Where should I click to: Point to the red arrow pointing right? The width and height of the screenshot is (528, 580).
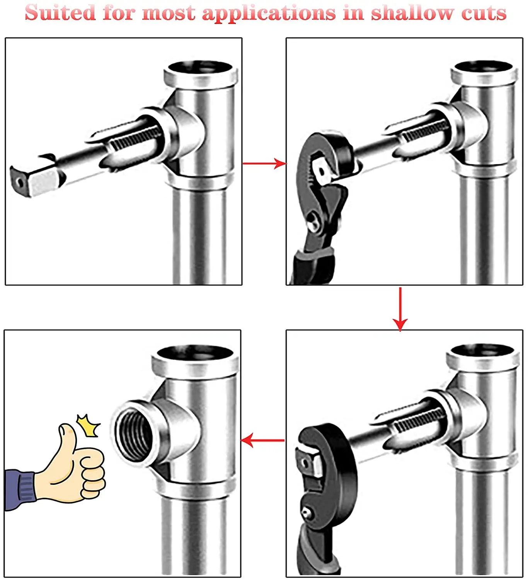(x=264, y=163)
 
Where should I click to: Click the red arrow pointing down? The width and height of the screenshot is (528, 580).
(x=400, y=309)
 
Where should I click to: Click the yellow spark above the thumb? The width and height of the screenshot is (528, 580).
(x=88, y=425)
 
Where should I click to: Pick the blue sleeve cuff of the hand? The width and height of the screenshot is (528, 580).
(x=19, y=488)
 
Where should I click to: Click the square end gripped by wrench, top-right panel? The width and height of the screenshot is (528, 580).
(x=322, y=170)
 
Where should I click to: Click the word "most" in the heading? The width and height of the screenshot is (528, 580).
(x=169, y=13)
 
